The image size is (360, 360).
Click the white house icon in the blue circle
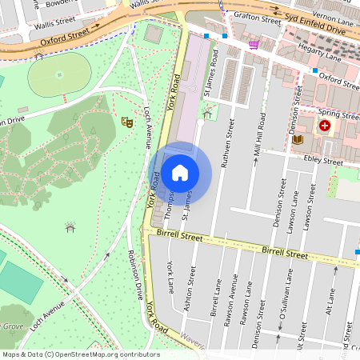click(x=180, y=173)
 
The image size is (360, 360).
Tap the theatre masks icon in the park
click(x=126, y=122)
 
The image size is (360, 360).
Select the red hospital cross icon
click(x=325, y=126)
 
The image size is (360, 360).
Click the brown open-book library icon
click(x=298, y=140)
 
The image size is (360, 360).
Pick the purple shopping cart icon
click(x=254, y=46)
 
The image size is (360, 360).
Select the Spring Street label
click(x=337, y=113)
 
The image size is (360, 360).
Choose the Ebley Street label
click(x=324, y=161)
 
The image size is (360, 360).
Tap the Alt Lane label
click(x=330, y=308)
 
